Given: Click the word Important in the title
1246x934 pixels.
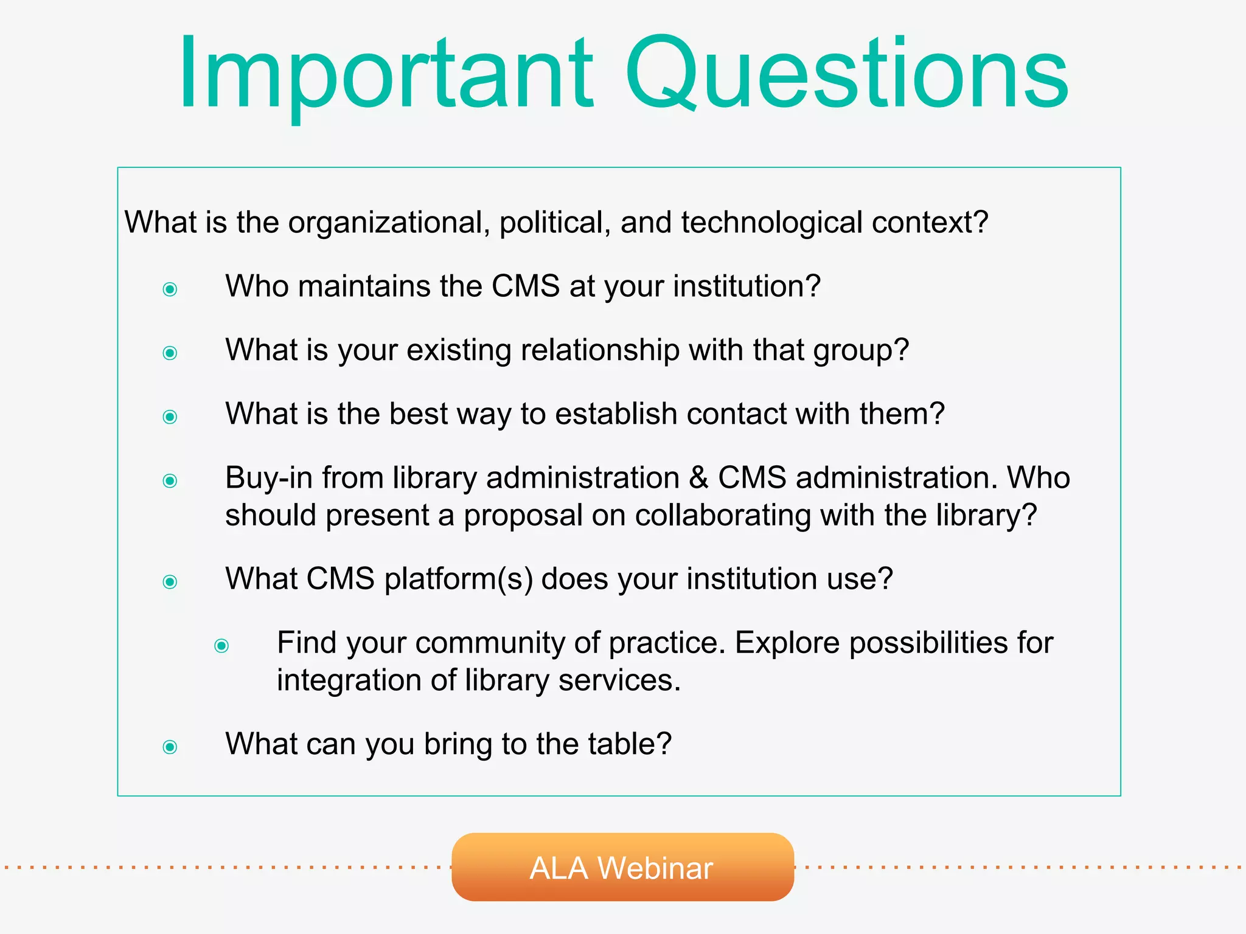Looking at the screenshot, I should click(x=385, y=74).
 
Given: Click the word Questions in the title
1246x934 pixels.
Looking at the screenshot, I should click(x=846, y=74).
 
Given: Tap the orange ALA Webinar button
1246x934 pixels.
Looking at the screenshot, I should click(x=622, y=867).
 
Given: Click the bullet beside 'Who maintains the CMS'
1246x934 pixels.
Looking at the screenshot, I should click(x=170, y=289).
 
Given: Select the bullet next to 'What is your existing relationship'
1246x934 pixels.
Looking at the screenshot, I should click(x=170, y=353).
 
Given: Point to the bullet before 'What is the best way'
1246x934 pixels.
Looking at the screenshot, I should click(x=170, y=417).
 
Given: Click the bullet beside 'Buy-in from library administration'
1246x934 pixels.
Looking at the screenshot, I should click(x=170, y=481).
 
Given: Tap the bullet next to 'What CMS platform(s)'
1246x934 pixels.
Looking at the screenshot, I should click(x=170, y=582).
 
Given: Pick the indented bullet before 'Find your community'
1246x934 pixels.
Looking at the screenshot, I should click(x=222, y=645).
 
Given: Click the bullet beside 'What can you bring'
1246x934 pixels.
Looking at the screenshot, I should click(x=170, y=747).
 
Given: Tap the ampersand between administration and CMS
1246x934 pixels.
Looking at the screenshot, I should click(x=699, y=478).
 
